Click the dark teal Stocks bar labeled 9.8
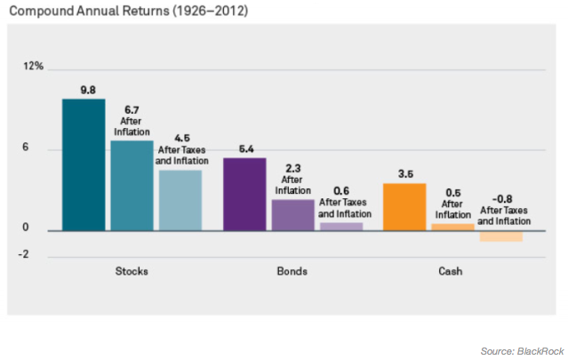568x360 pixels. pos(84,164)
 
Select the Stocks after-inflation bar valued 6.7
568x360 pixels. pos(132,185)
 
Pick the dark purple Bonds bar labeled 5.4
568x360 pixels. pos(244,194)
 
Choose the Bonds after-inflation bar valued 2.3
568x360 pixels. pos(292,215)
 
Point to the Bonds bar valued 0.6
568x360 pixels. pos(341,227)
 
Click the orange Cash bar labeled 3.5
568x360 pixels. pos(404,207)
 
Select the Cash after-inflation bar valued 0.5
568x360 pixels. pos(453,228)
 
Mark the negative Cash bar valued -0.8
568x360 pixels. pos(501,236)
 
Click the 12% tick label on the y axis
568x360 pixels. pos(34,67)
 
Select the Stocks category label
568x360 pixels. pos(132,270)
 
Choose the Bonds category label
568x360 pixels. pos(292,270)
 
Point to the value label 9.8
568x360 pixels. pos(87,89)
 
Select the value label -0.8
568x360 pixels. pos(503,199)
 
